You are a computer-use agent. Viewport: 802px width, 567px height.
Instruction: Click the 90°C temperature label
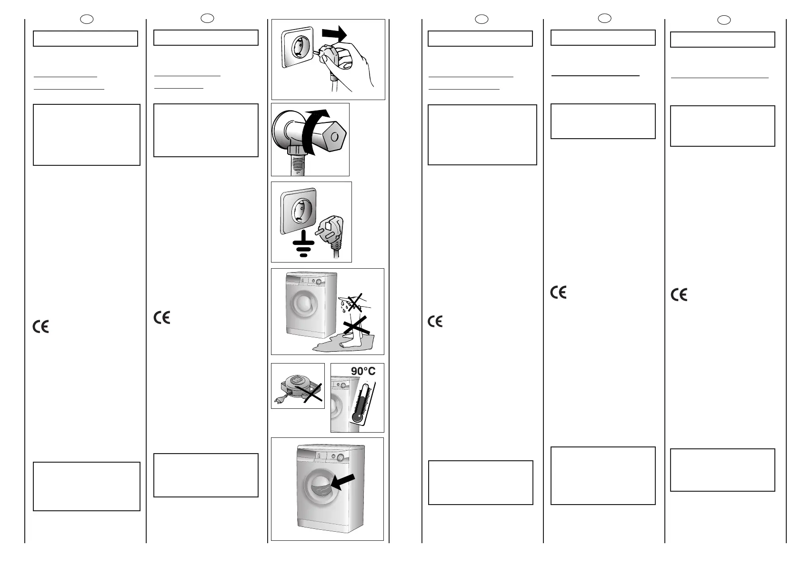(x=363, y=371)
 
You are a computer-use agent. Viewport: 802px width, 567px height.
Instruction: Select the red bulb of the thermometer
(x=357, y=416)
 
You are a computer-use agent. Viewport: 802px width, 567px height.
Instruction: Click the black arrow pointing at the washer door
(x=343, y=481)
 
